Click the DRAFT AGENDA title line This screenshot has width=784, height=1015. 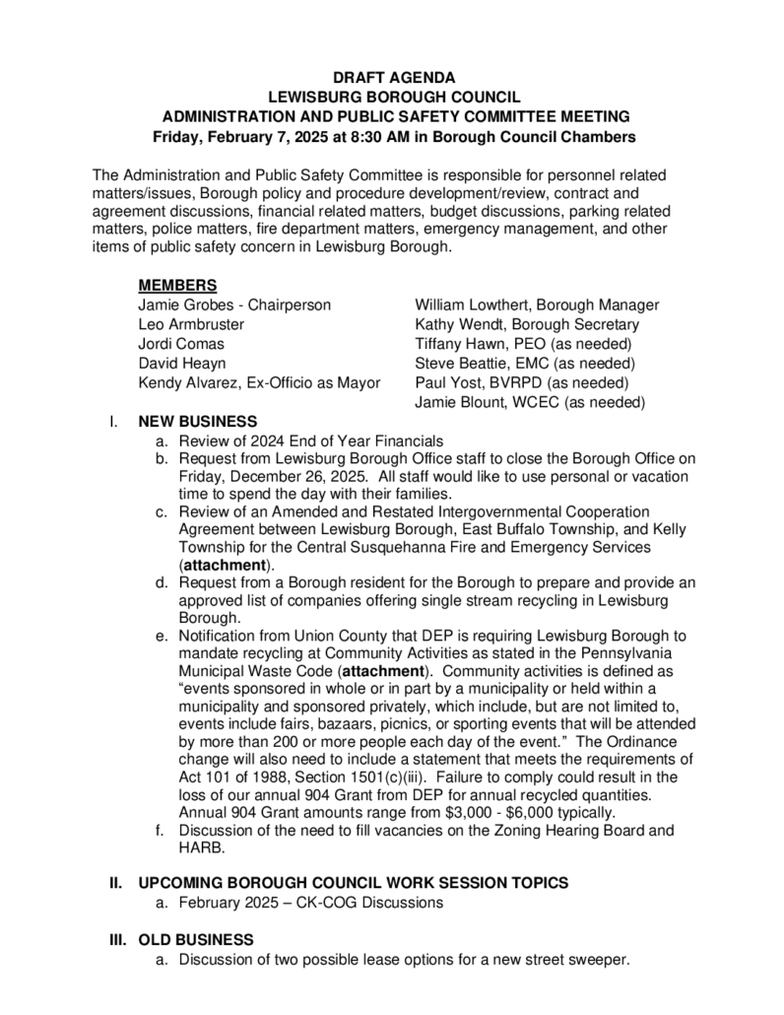click(x=393, y=77)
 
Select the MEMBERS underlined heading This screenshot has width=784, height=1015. click(x=177, y=286)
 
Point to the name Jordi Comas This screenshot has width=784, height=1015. click(x=180, y=344)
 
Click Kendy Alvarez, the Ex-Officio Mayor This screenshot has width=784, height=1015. click(x=259, y=382)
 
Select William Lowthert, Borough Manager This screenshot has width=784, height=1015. click(x=537, y=305)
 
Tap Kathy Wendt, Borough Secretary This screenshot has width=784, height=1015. click(x=527, y=324)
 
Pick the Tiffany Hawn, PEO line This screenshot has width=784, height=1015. click(x=523, y=344)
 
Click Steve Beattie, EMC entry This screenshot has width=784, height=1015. click(x=523, y=363)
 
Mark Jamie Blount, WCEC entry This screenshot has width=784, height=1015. click(x=530, y=402)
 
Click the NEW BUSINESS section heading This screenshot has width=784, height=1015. click(x=197, y=421)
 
